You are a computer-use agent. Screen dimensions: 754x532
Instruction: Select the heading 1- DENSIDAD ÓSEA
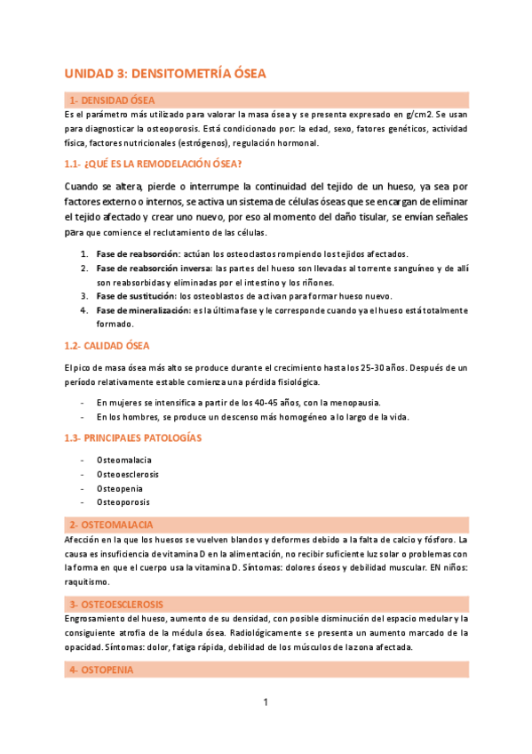click(x=110, y=100)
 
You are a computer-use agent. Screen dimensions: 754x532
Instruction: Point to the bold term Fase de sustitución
click(x=136, y=295)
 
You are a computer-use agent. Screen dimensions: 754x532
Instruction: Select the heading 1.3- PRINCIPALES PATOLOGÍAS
click(x=133, y=437)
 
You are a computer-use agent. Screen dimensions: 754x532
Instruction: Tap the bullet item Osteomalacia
click(x=123, y=460)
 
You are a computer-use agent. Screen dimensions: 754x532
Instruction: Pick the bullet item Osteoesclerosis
click(x=129, y=474)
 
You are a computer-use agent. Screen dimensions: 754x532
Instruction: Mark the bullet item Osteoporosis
click(x=123, y=502)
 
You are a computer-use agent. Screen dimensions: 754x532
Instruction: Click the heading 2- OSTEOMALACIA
click(x=111, y=525)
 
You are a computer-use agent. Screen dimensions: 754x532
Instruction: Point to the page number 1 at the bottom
click(x=265, y=703)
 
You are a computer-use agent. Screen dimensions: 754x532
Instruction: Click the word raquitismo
click(x=87, y=582)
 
